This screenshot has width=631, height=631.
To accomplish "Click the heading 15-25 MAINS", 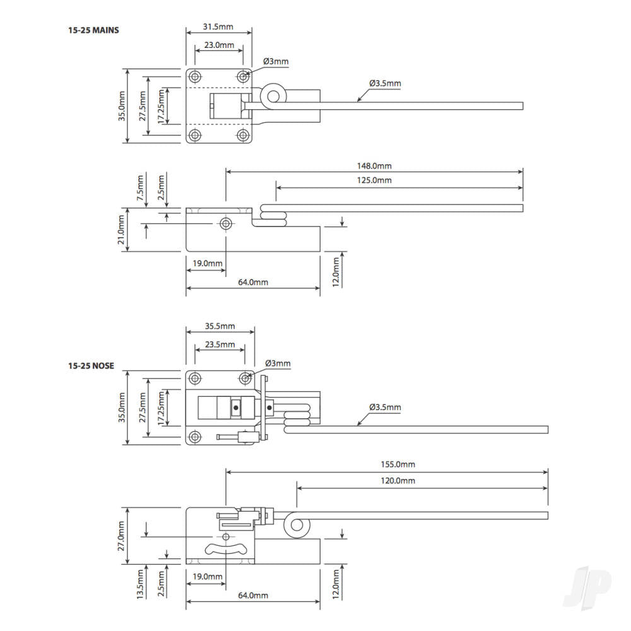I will pos(93,30).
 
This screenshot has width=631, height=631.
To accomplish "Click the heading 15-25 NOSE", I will pos(91,366).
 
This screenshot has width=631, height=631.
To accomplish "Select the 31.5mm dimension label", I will pos(219,27).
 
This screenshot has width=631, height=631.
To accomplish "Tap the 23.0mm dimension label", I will pos(219,45).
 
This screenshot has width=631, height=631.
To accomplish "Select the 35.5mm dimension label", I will pos(220,326).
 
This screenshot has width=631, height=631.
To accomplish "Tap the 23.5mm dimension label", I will pos(220,345).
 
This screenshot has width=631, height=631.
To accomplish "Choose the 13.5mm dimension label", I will pos(140,584).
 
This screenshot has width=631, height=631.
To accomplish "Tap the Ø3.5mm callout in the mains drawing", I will pos(385,83).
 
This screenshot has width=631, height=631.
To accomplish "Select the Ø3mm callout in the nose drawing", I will pos(278,363).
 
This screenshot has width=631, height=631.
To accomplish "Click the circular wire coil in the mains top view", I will pos(274,97).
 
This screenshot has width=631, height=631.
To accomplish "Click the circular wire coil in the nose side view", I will pos(294,526).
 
